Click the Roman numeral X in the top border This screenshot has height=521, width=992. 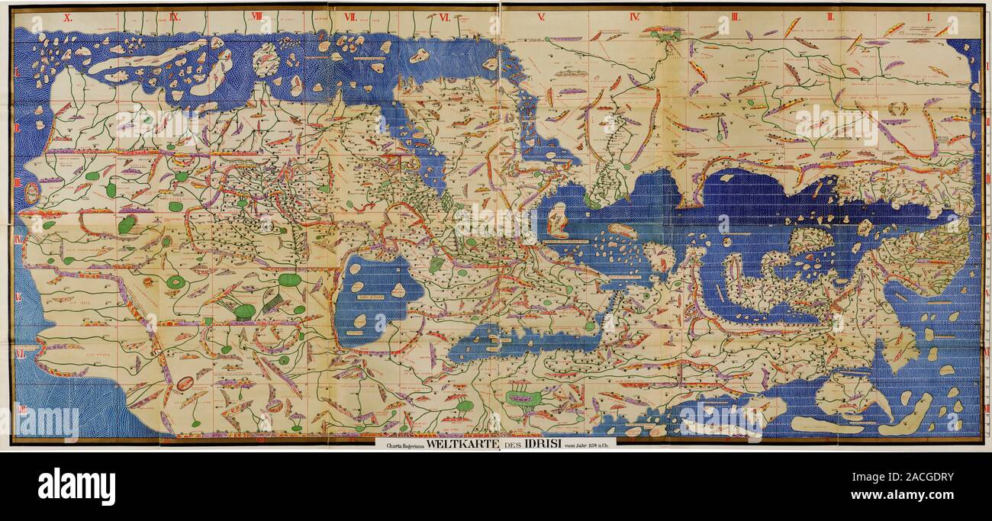[67, 16]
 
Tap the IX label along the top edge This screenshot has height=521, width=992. [174, 16]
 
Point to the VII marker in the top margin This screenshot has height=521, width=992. [350, 16]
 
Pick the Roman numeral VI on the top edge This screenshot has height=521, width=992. [444, 16]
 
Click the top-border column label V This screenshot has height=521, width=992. [540, 16]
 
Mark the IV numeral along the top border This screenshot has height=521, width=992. [634, 16]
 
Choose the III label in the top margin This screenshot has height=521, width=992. [735, 16]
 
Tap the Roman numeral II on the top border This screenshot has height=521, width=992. [832, 16]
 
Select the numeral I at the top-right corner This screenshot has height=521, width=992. [929, 16]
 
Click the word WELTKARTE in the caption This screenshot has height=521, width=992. [458, 443]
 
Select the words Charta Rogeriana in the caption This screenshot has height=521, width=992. [400, 444]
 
